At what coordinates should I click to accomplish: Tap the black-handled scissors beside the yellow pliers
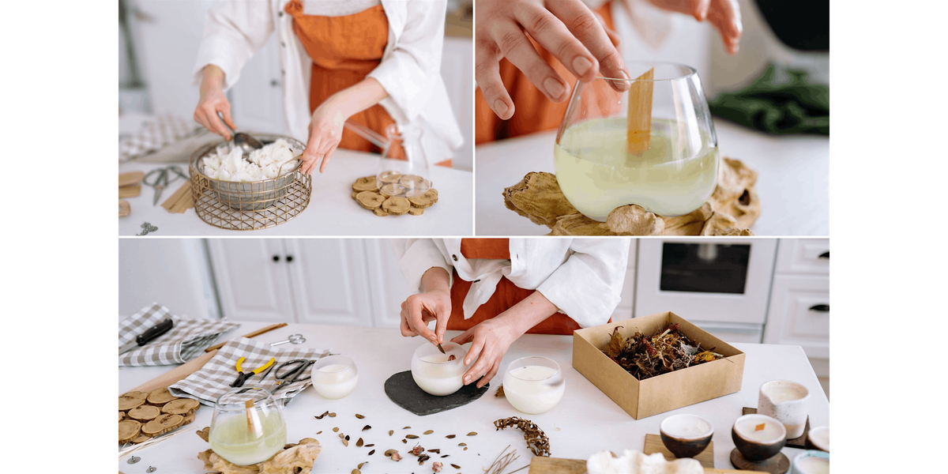292,371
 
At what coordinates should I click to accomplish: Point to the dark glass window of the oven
705,267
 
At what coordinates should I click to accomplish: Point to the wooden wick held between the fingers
640,111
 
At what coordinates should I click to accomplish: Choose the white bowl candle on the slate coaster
439,367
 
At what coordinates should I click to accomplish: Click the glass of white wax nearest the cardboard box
533,384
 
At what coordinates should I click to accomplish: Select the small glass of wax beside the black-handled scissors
334,376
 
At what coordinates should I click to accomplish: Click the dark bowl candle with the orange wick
758,436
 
